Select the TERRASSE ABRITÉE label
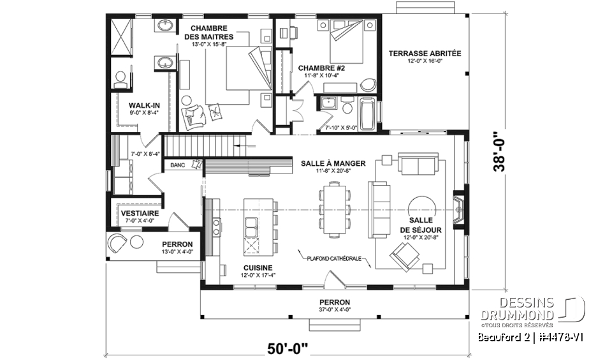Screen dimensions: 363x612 click(x=425, y=54)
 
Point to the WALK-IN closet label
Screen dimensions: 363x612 click(x=139, y=105)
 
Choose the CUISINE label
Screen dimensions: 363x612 click(x=257, y=267)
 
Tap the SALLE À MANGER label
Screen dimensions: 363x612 click(x=333, y=163)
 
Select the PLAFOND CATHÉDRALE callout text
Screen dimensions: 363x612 click(x=334, y=259)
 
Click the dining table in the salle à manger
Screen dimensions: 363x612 click(x=334, y=209)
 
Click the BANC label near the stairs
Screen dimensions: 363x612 click(x=177, y=166)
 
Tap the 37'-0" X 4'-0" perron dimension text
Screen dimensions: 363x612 click(x=335, y=310)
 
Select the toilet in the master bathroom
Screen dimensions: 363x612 click(x=120, y=78)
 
